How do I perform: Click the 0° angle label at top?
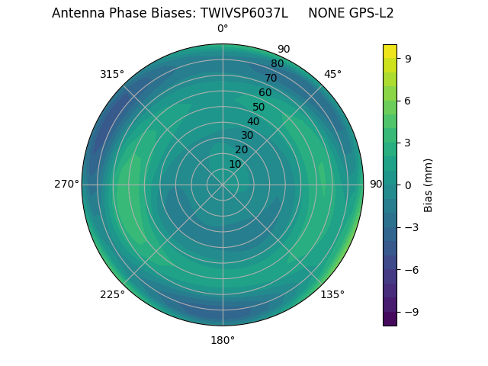pyautogui.click(x=223, y=29)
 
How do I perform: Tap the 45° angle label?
pyautogui.click(x=332, y=74)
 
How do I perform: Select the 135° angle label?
pyautogui.click(x=332, y=294)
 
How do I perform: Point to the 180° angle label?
pyautogui.click(x=223, y=340)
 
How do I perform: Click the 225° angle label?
pyautogui.click(x=112, y=295)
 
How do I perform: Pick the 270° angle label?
pyautogui.click(x=66, y=185)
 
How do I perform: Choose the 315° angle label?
pyautogui.click(x=112, y=74)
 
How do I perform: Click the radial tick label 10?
pyautogui.click(x=235, y=164)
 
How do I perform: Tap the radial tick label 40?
pyautogui.click(x=253, y=121)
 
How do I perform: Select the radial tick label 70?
pyautogui.click(x=271, y=78)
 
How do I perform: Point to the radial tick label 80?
pyautogui.click(x=277, y=64)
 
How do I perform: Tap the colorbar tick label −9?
pyautogui.click(x=409, y=312)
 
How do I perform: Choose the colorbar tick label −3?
pyautogui.click(x=409, y=227)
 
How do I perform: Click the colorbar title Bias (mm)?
pyautogui.click(x=429, y=185)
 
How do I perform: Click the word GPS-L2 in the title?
pyautogui.click(x=369, y=13)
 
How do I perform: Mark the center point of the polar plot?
pyautogui.click(x=223, y=185)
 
